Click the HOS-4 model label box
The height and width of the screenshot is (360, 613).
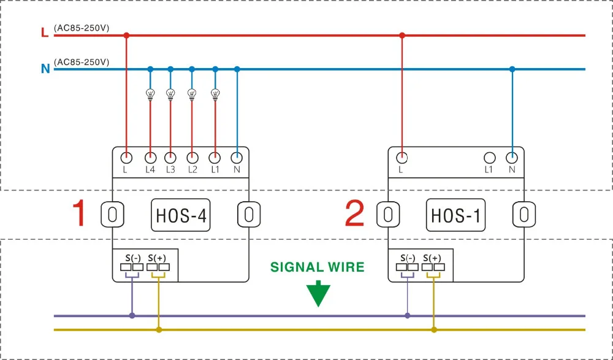[x=181, y=215]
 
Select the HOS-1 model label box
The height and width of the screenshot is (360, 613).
[x=455, y=215]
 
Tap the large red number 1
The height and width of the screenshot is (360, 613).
[x=80, y=213]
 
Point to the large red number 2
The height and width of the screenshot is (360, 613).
[x=354, y=213]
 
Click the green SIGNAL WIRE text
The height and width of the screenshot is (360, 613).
[x=318, y=267]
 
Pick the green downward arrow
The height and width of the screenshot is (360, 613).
[x=318, y=294]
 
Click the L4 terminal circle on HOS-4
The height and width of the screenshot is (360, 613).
[x=151, y=158]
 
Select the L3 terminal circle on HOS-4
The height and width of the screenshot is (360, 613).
[x=170, y=158]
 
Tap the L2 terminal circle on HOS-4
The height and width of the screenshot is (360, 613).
[x=191, y=158]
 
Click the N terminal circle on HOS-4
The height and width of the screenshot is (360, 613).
[x=237, y=158]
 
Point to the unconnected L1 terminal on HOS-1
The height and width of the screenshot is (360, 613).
[x=489, y=158]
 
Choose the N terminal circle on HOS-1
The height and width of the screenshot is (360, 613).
[x=512, y=158]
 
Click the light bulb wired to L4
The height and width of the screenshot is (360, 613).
[x=151, y=94]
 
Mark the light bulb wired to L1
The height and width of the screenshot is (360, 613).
[x=215, y=94]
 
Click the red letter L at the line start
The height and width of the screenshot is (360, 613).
[x=45, y=33]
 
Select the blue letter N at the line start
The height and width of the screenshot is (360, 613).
[x=45, y=69]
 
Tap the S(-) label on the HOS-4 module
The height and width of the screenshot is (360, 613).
[x=133, y=258]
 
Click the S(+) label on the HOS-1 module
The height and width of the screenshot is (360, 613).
[x=432, y=258]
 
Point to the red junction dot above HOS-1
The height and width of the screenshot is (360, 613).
[x=402, y=36]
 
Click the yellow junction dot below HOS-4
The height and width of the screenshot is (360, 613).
[x=159, y=330]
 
